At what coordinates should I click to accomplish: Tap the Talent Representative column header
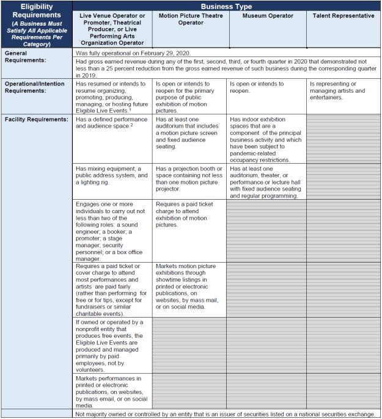tap(343, 16)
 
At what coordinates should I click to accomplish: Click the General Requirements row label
tap(28, 57)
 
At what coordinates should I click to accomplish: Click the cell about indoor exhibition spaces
tap(266, 135)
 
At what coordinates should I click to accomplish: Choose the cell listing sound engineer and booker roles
tap(112, 230)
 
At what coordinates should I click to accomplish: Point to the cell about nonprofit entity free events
tap(112, 345)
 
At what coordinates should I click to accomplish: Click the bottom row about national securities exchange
tap(225, 414)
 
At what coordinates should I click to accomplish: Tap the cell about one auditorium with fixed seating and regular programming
tap(266, 182)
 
